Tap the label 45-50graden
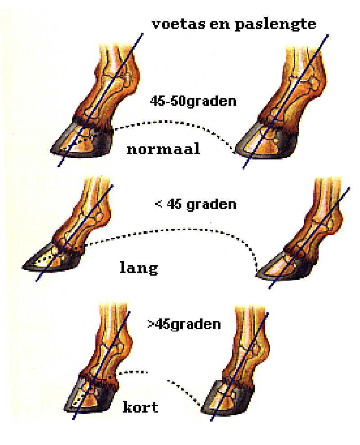(x=193, y=101)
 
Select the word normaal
(x=163, y=149)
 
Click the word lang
(x=139, y=268)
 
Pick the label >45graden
(x=184, y=324)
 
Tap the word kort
(x=140, y=407)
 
